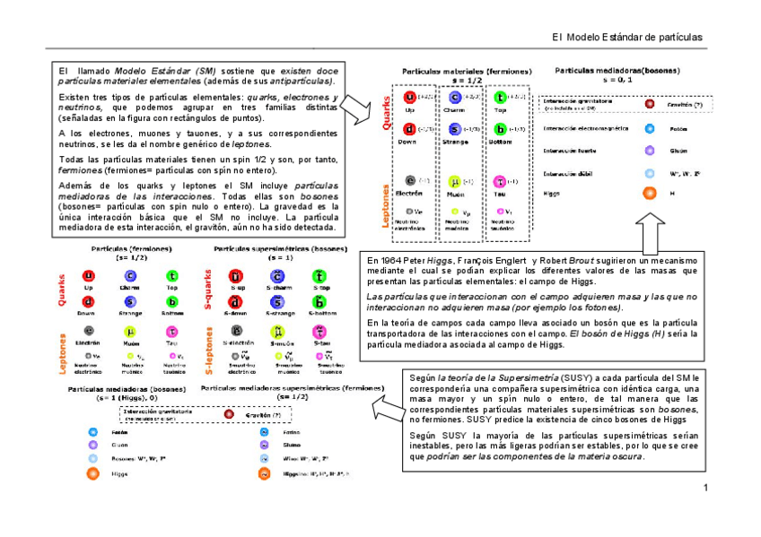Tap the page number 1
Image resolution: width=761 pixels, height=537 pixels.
coord(706,488)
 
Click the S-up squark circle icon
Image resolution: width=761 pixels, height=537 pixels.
coord(237,276)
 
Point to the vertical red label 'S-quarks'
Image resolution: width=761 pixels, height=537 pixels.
coord(208,288)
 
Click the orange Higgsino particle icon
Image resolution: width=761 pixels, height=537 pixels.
coord(265,473)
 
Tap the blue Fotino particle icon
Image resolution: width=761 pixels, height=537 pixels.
coord(265,431)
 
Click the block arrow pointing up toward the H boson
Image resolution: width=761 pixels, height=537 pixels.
coord(649,231)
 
